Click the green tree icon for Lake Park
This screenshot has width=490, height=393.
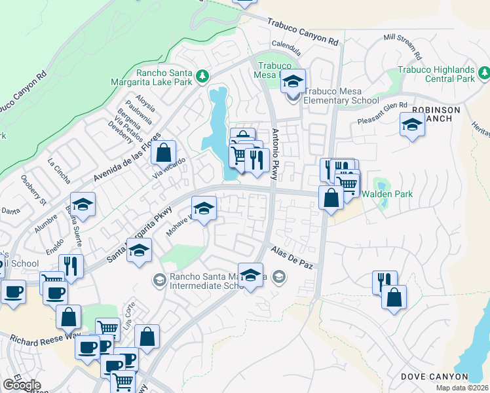[x=203, y=77]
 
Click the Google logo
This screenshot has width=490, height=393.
[x=22, y=385]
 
